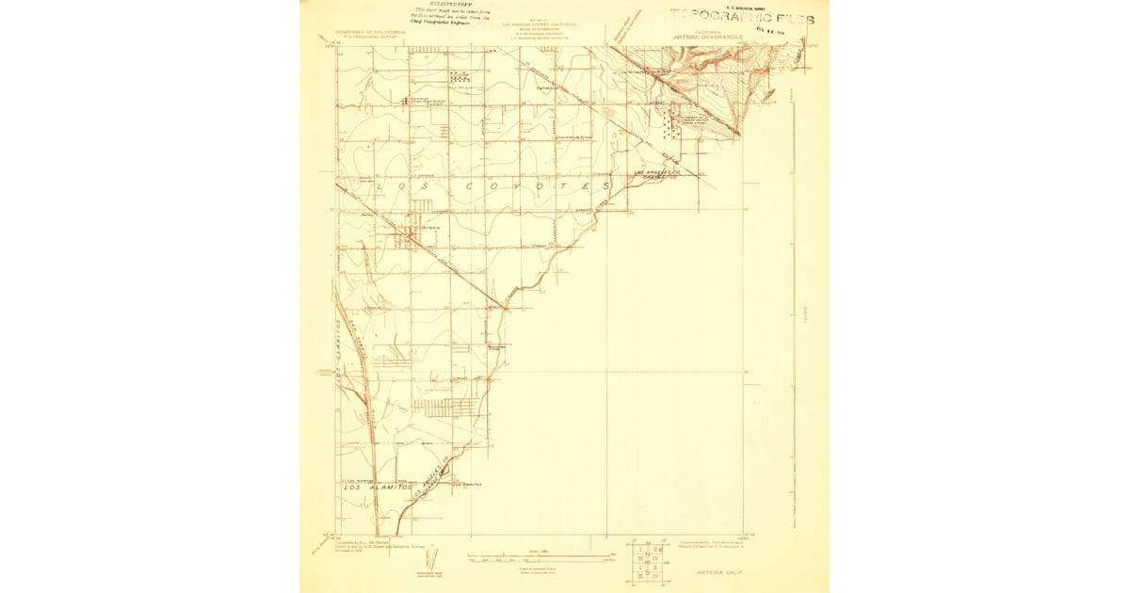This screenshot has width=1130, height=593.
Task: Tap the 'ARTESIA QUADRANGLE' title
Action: click(721, 38)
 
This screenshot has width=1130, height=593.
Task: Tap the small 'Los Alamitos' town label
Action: click(468, 484)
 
